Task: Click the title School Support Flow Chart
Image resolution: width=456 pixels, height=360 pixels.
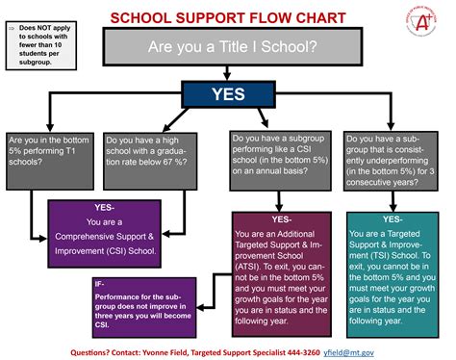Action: pos(229,17)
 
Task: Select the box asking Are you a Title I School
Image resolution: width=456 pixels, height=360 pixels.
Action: pos(229,46)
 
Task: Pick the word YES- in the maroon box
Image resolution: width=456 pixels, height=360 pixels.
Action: pos(279,219)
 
